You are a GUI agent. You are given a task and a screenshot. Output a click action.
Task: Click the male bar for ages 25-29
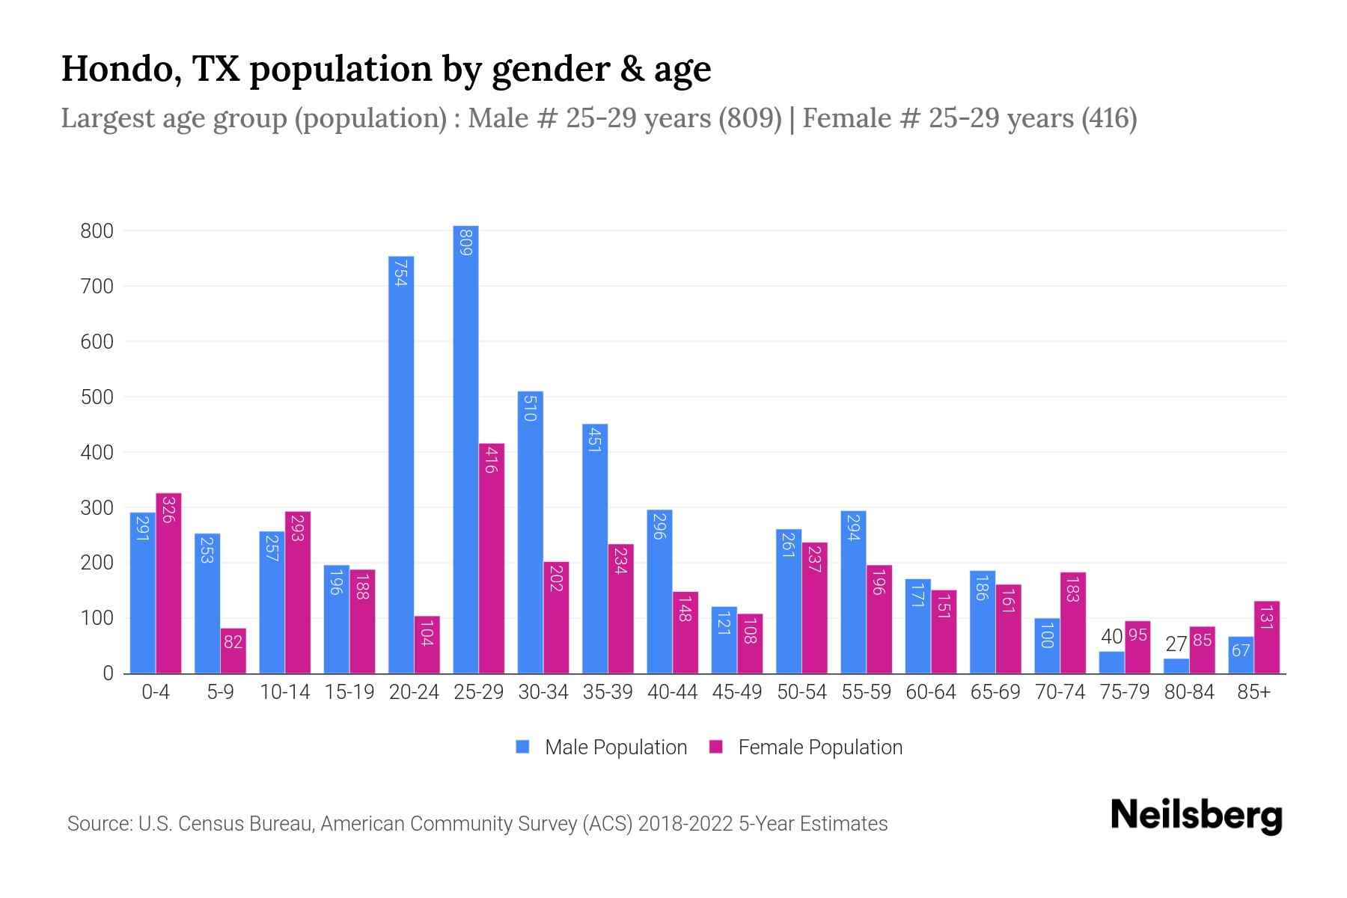[465, 449]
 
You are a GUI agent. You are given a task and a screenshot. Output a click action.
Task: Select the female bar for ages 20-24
[427, 644]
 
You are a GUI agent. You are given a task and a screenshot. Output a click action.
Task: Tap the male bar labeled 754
[401, 464]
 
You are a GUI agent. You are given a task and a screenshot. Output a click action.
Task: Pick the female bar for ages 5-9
[233, 650]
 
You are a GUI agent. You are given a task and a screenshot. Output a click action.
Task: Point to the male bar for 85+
[1240, 655]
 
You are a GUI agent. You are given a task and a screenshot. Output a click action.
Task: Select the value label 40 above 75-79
[1111, 637]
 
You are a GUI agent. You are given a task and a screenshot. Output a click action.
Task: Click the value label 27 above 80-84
[1176, 644]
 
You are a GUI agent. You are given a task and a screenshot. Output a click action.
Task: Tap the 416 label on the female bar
[491, 459]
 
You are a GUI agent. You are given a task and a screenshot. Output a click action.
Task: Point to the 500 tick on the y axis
[97, 397]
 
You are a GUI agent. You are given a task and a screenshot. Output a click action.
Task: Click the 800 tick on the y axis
[97, 231]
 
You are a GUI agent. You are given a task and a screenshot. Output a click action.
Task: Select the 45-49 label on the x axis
[736, 692]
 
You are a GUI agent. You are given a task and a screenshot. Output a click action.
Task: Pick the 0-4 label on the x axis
[156, 692]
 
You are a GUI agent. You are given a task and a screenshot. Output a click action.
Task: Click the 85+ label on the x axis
[1253, 692]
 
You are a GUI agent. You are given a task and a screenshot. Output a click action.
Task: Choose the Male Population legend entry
[615, 748]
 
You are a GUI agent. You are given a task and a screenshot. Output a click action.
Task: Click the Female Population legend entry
[819, 748]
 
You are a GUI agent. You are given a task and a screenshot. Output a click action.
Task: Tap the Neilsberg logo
[1196, 816]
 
